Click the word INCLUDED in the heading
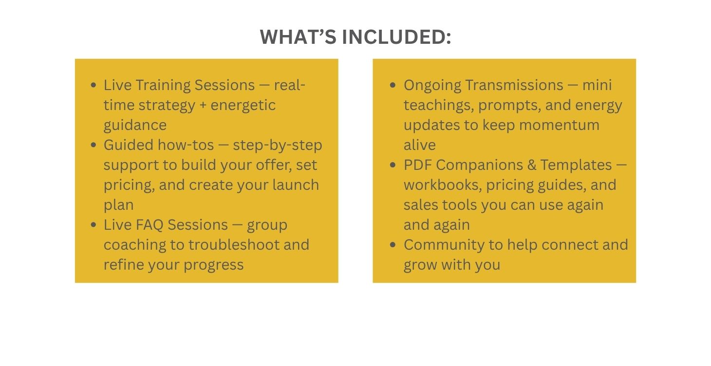[396, 37]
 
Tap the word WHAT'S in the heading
[298, 37]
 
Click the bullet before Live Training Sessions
[94, 85]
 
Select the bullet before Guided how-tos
[94, 145]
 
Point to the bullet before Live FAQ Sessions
[94, 225]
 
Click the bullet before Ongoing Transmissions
[393, 85]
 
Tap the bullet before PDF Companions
[393, 165]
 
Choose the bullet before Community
[393, 245]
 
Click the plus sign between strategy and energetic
[203, 106]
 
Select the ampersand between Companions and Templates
[531, 165]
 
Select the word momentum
[559, 125]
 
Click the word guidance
[135, 126]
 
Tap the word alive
[420, 145]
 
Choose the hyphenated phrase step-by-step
[278, 146]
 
